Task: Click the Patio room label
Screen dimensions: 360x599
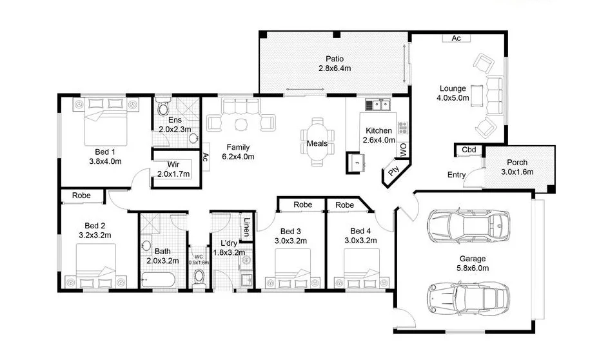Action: pyautogui.click(x=333, y=58)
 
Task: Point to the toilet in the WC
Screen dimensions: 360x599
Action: pyautogui.click(x=199, y=275)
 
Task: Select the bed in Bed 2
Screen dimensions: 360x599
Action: pyautogui.click(x=96, y=266)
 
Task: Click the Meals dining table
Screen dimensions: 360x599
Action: pyautogui.click(x=317, y=143)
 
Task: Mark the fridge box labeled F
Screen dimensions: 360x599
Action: pyautogui.click(x=355, y=163)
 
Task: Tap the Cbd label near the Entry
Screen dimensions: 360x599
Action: pyautogui.click(x=469, y=150)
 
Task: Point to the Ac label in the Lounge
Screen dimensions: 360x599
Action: pyautogui.click(x=456, y=39)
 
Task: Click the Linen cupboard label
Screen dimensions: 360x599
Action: pyautogui.click(x=247, y=228)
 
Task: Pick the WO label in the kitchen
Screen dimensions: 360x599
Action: pyautogui.click(x=403, y=150)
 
